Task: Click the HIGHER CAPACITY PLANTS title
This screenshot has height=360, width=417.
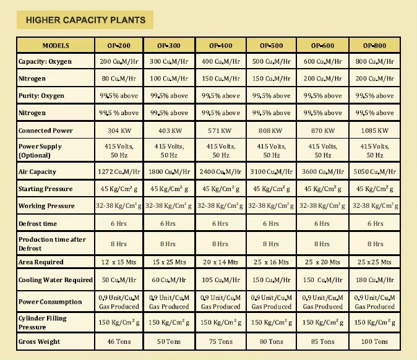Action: tap(85, 20)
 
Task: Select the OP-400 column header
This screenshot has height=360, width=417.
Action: tap(221, 46)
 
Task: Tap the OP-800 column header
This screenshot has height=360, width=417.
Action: tap(374, 46)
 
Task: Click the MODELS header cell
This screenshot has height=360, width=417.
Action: tap(56, 46)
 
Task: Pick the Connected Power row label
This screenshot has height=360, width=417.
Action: tap(46, 131)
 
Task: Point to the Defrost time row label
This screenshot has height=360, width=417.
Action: tap(38, 223)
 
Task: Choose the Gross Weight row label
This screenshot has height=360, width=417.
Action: tap(39, 341)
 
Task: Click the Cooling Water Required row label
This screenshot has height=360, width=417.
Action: tap(56, 280)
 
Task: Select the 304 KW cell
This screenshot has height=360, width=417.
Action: tap(119, 131)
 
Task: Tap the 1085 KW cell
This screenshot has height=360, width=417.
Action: tap(374, 131)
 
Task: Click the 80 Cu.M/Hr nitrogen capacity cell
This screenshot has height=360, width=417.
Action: tap(119, 79)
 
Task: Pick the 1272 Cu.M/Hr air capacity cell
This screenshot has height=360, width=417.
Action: tap(119, 172)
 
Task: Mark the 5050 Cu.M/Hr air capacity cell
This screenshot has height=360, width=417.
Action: tap(374, 172)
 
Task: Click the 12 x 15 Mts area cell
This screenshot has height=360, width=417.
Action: tap(119, 262)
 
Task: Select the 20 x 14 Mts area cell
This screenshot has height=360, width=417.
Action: tap(220, 262)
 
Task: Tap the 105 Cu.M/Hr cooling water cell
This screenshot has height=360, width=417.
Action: tap(221, 280)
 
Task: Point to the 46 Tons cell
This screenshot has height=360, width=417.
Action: tap(119, 341)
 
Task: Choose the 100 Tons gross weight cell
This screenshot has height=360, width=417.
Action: tap(374, 341)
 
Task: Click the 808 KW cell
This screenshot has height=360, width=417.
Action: tap(270, 131)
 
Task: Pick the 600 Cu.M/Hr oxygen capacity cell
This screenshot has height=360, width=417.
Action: tap(322, 62)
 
